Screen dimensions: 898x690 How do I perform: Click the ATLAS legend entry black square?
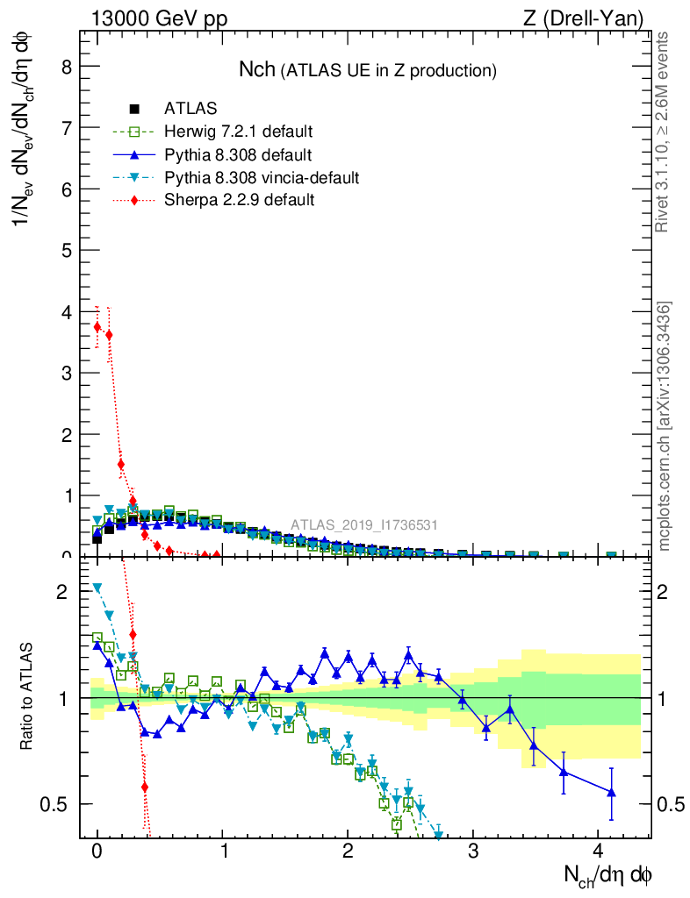click(134, 110)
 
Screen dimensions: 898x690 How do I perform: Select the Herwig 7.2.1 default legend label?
click(238, 132)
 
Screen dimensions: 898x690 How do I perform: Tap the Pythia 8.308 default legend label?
click(237, 155)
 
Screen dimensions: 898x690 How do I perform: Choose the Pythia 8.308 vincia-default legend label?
click(262, 178)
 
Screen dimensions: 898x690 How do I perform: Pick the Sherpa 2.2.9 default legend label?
click(239, 200)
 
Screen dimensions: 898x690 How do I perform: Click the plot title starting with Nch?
click(368, 69)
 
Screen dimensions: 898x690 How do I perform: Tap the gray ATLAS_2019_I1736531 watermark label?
click(364, 525)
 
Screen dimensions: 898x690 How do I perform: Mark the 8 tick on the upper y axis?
click(67, 66)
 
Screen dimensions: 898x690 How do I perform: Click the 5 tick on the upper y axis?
click(67, 250)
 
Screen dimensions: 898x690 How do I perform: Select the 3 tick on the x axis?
click(473, 851)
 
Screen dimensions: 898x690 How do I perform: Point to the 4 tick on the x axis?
click(599, 851)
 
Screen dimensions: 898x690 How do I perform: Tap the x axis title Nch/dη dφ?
click(607, 874)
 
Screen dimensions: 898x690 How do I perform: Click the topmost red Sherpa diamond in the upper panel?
click(97, 326)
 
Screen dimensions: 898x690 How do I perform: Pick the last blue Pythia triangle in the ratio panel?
click(611, 793)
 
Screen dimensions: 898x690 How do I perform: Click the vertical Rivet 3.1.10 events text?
click(664, 132)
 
